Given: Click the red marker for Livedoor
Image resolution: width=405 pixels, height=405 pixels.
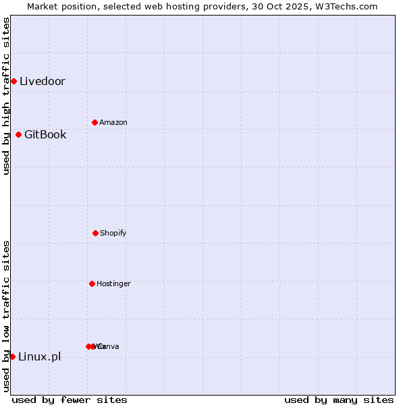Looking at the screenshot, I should pyautogui.click(x=13, y=82).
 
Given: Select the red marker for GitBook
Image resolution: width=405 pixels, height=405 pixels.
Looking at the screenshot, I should pyautogui.click(x=18, y=134).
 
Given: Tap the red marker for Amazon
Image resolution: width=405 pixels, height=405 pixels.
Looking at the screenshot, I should pyautogui.click(x=94, y=122).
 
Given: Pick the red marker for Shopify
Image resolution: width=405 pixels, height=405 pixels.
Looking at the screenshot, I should pyautogui.click(x=95, y=233).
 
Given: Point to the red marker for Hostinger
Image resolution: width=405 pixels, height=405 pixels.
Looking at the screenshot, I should pyautogui.click(x=92, y=283).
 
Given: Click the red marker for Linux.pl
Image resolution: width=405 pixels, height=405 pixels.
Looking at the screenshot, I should pyautogui.click(x=12, y=356).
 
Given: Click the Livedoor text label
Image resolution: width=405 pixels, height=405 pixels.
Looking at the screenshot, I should pyautogui.click(x=43, y=82).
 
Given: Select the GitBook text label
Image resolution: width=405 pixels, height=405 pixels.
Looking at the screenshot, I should pyautogui.click(x=45, y=134).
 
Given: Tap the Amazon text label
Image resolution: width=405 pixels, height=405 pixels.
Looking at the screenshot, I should pyautogui.click(x=113, y=122).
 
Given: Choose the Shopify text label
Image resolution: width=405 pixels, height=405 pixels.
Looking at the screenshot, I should pyautogui.click(x=113, y=233).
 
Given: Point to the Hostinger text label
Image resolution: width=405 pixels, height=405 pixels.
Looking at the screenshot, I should pyautogui.click(x=113, y=283).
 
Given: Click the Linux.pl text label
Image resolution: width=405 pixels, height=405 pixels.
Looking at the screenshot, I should pyautogui.click(x=39, y=356).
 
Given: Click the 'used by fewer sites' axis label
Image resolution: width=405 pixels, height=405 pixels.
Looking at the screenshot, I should pyautogui.click(x=70, y=400).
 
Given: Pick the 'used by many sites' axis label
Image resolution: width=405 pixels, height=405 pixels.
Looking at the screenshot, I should pyautogui.click(x=339, y=400).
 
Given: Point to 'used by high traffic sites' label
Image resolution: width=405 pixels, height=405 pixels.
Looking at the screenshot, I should pyautogui.click(x=6, y=96).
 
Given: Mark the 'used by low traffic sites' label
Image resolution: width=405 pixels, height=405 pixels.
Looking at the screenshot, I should pyautogui.click(x=6, y=316).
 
